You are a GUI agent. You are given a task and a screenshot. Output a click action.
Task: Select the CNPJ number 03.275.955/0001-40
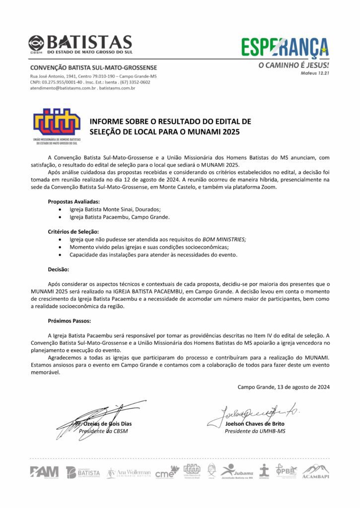click(x=62, y=82)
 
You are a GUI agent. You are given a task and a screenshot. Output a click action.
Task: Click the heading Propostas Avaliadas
click(x=73, y=201)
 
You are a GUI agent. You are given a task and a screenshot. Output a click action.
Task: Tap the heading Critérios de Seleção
click(x=73, y=231)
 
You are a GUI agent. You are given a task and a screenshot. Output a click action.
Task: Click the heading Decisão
click(x=59, y=269)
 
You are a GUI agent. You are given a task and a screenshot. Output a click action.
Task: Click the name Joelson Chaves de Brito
click(x=255, y=424)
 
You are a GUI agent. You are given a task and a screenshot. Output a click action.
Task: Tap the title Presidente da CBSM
click(x=103, y=431)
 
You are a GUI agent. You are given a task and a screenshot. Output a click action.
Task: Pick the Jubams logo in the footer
click(x=237, y=471)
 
